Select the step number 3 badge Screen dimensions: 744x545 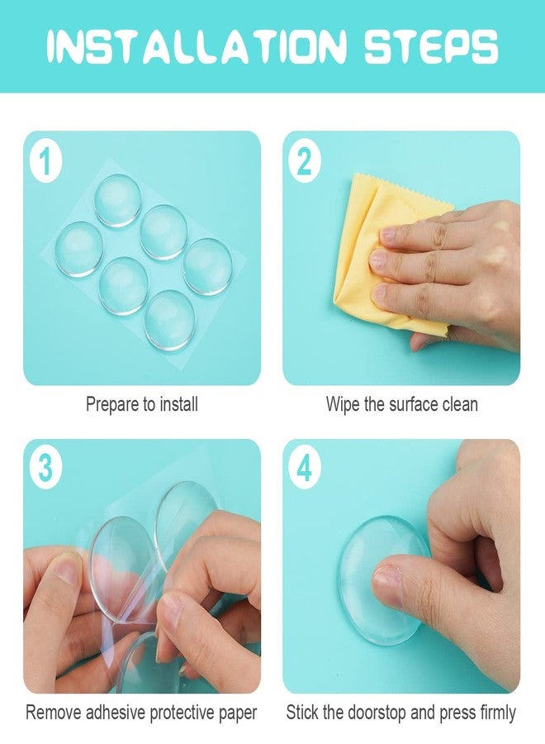point(45,469)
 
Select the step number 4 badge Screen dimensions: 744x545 point(305,469)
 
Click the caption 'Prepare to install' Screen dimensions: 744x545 point(142,404)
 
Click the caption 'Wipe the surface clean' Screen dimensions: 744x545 point(401,404)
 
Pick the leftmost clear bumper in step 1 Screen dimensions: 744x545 point(79,249)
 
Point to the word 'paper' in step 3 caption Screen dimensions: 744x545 point(236,712)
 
